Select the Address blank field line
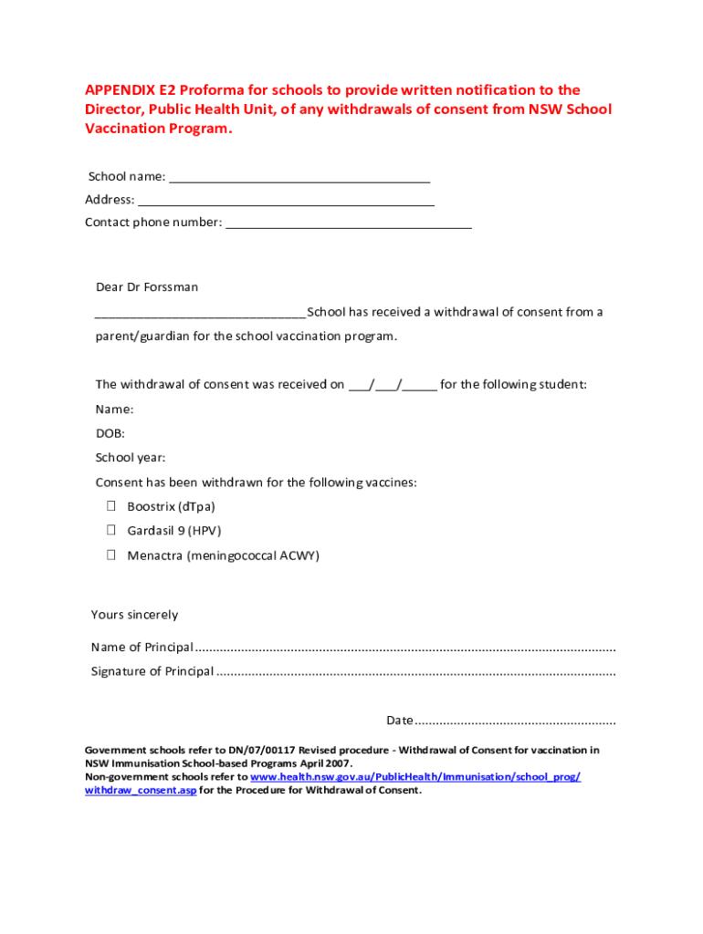286,201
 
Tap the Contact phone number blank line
348,223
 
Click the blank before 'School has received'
200,313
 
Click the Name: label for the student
114,410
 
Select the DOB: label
110,434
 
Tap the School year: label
131,459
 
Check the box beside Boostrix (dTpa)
110,506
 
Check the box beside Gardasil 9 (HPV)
110,530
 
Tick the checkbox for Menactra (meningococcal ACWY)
110,555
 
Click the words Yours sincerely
135,615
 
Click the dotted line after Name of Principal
405,649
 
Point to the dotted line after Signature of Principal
415,672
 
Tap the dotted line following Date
516,721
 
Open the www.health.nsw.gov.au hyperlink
415,777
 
